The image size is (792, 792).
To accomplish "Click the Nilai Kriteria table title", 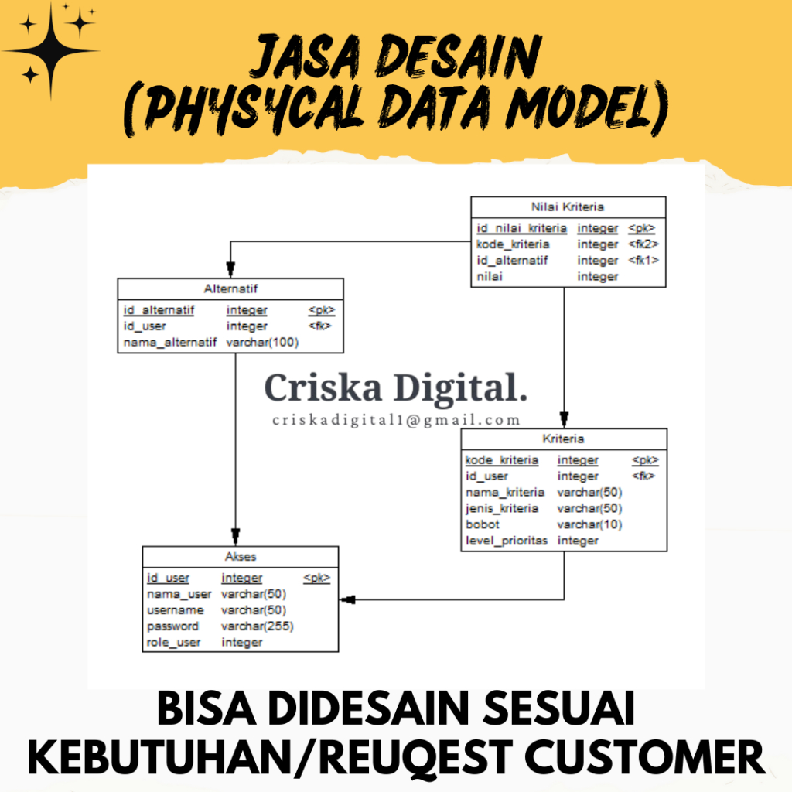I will (568, 207).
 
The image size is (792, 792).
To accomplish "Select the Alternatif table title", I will (230, 288).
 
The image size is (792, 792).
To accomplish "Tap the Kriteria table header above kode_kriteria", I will (563, 439).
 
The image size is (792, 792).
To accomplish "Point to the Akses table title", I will (241, 556).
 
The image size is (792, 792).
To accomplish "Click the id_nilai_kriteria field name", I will (521, 228).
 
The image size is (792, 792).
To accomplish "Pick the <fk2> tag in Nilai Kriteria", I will (643, 244).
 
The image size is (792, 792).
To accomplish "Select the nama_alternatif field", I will (169, 343).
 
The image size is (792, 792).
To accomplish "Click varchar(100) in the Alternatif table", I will (262, 343).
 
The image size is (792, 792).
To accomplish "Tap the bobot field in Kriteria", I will (482, 524).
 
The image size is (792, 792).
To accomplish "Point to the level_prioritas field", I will (506, 541).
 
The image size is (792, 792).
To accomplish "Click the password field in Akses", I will (172, 626).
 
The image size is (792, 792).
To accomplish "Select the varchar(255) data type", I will (257, 626).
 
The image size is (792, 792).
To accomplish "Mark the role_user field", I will (173, 643).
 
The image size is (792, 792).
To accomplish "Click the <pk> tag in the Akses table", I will (316, 578).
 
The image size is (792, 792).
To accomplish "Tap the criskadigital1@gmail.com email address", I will (396, 420).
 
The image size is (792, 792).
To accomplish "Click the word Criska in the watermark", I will (322, 387).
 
